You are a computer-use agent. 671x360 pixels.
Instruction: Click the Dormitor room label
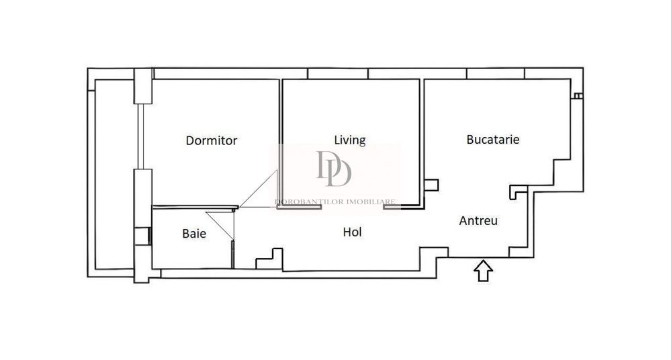[x=212, y=140]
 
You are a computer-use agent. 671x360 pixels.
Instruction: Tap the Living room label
[x=350, y=140]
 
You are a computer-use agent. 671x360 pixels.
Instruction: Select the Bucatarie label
[x=493, y=140]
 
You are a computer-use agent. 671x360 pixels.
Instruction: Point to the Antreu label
[x=478, y=220]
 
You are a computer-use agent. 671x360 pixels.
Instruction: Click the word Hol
[x=353, y=232]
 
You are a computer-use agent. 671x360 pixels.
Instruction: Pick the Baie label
[x=194, y=234]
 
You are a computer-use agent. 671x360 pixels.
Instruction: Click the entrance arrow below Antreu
[x=484, y=271]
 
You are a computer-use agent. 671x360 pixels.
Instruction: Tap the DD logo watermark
[x=334, y=169]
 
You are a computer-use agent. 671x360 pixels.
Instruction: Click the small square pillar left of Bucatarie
[x=432, y=185]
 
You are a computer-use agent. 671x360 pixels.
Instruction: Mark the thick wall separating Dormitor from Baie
[x=195, y=208]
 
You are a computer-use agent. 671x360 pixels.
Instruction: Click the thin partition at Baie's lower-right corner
[x=232, y=254]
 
